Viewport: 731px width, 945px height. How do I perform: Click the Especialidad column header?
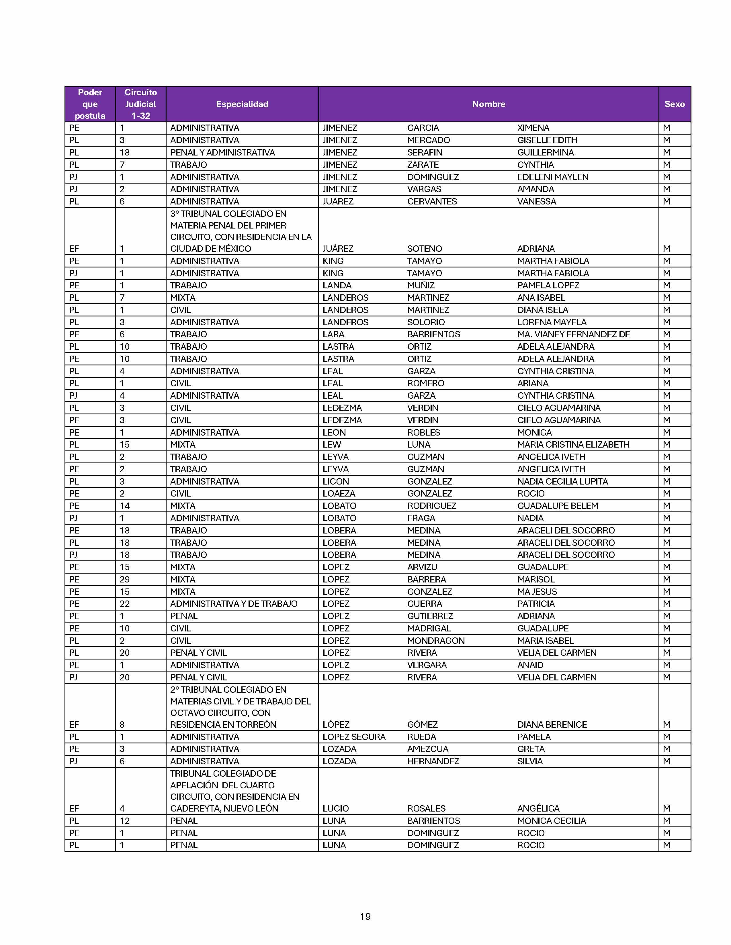point(242,104)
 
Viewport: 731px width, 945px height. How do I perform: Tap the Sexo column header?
point(674,104)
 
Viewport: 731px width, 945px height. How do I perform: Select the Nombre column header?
point(488,104)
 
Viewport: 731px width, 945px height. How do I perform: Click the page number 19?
point(365,916)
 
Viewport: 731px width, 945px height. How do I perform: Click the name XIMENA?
point(533,128)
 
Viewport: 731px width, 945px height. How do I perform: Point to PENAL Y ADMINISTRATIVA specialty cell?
point(222,152)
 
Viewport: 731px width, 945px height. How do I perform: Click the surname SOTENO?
point(424,248)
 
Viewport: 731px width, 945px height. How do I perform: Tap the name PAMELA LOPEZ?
point(548,285)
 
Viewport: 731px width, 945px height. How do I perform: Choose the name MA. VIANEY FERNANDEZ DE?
point(573,334)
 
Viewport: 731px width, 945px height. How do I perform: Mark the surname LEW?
point(332,444)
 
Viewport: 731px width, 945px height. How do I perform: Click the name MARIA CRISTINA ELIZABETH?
point(573,444)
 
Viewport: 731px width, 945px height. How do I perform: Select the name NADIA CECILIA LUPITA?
point(562,481)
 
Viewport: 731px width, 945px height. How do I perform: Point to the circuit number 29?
point(125,579)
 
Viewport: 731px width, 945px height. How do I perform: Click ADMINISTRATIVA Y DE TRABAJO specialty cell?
point(233,604)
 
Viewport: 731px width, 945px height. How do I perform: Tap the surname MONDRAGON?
point(436,640)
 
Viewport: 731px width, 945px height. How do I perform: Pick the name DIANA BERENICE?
point(552,724)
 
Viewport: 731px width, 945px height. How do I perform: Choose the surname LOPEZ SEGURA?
point(354,737)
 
